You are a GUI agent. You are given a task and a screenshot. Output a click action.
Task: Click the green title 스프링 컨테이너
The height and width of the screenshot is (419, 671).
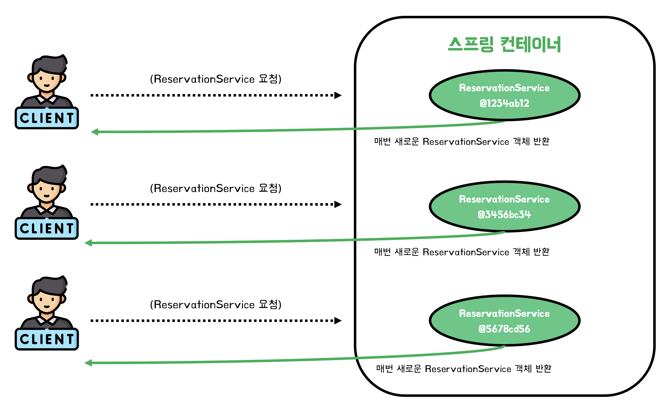click(504, 44)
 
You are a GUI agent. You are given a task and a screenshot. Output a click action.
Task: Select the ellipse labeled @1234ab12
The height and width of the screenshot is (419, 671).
click(504, 95)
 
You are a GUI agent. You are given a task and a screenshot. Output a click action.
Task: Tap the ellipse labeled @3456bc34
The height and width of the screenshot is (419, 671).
click(504, 206)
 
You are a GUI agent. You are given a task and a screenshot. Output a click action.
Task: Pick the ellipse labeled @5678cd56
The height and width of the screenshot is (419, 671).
click(504, 321)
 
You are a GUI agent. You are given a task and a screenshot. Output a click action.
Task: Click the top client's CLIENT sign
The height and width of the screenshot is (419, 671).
click(47, 118)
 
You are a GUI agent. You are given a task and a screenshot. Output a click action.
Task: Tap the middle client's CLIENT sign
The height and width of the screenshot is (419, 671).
click(47, 229)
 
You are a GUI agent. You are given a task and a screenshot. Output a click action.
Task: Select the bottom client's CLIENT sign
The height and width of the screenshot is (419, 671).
click(47, 339)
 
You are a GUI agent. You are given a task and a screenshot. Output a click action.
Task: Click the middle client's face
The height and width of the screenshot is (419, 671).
click(47, 191)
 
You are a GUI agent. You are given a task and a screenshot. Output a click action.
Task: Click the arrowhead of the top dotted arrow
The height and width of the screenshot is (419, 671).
click(338, 95)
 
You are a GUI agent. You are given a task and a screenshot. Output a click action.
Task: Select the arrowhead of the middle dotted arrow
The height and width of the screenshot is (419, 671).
click(338, 205)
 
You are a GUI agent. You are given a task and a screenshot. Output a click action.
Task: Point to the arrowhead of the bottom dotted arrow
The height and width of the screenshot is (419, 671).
click(338, 321)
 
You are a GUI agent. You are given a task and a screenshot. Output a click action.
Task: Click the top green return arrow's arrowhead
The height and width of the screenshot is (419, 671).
click(95, 132)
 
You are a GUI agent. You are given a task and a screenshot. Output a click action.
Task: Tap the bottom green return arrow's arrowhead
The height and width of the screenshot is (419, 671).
click(88, 363)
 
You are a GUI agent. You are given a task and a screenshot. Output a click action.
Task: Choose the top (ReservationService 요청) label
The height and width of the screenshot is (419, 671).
click(216, 79)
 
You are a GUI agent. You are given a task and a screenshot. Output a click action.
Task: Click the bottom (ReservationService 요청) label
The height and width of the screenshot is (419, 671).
click(216, 305)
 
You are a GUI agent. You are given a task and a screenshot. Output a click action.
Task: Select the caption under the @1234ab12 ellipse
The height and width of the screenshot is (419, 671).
click(462, 142)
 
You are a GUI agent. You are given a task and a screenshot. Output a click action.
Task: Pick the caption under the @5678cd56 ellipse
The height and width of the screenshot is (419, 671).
click(464, 369)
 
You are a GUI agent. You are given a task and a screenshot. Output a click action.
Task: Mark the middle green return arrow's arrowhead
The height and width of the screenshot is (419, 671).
click(88, 243)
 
